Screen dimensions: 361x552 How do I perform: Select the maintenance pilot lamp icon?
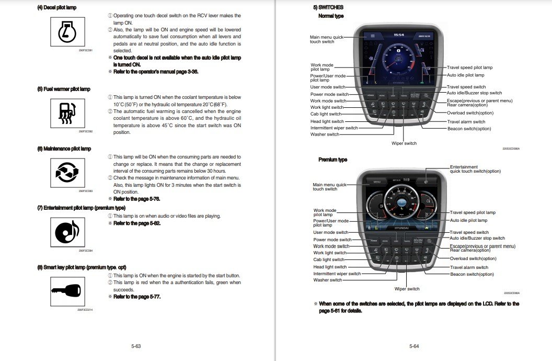(67, 171)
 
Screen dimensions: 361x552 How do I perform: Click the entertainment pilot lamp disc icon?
(67, 231)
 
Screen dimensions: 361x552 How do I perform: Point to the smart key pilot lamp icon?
(67, 289)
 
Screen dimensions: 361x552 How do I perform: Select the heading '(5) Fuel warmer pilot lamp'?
(63, 89)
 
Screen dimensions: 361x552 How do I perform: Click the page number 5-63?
(136, 346)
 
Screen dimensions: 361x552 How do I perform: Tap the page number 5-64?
(414, 346)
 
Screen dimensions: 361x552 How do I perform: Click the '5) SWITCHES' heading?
(328, 7)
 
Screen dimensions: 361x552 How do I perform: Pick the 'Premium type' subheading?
(332, 160)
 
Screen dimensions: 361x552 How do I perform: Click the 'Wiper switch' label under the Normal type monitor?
(404, 143)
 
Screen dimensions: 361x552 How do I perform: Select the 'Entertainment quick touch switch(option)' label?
(475, 169)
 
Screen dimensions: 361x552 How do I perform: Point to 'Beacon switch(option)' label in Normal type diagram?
(469, 129)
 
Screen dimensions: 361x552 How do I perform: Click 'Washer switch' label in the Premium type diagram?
(328, 280)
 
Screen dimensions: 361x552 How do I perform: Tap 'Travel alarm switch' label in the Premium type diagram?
(469, 267)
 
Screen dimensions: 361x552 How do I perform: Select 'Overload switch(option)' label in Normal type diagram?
(470, 113)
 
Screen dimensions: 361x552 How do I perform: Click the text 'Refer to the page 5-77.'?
(137, 297)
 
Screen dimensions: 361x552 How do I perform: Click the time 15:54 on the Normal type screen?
(399, 35)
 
